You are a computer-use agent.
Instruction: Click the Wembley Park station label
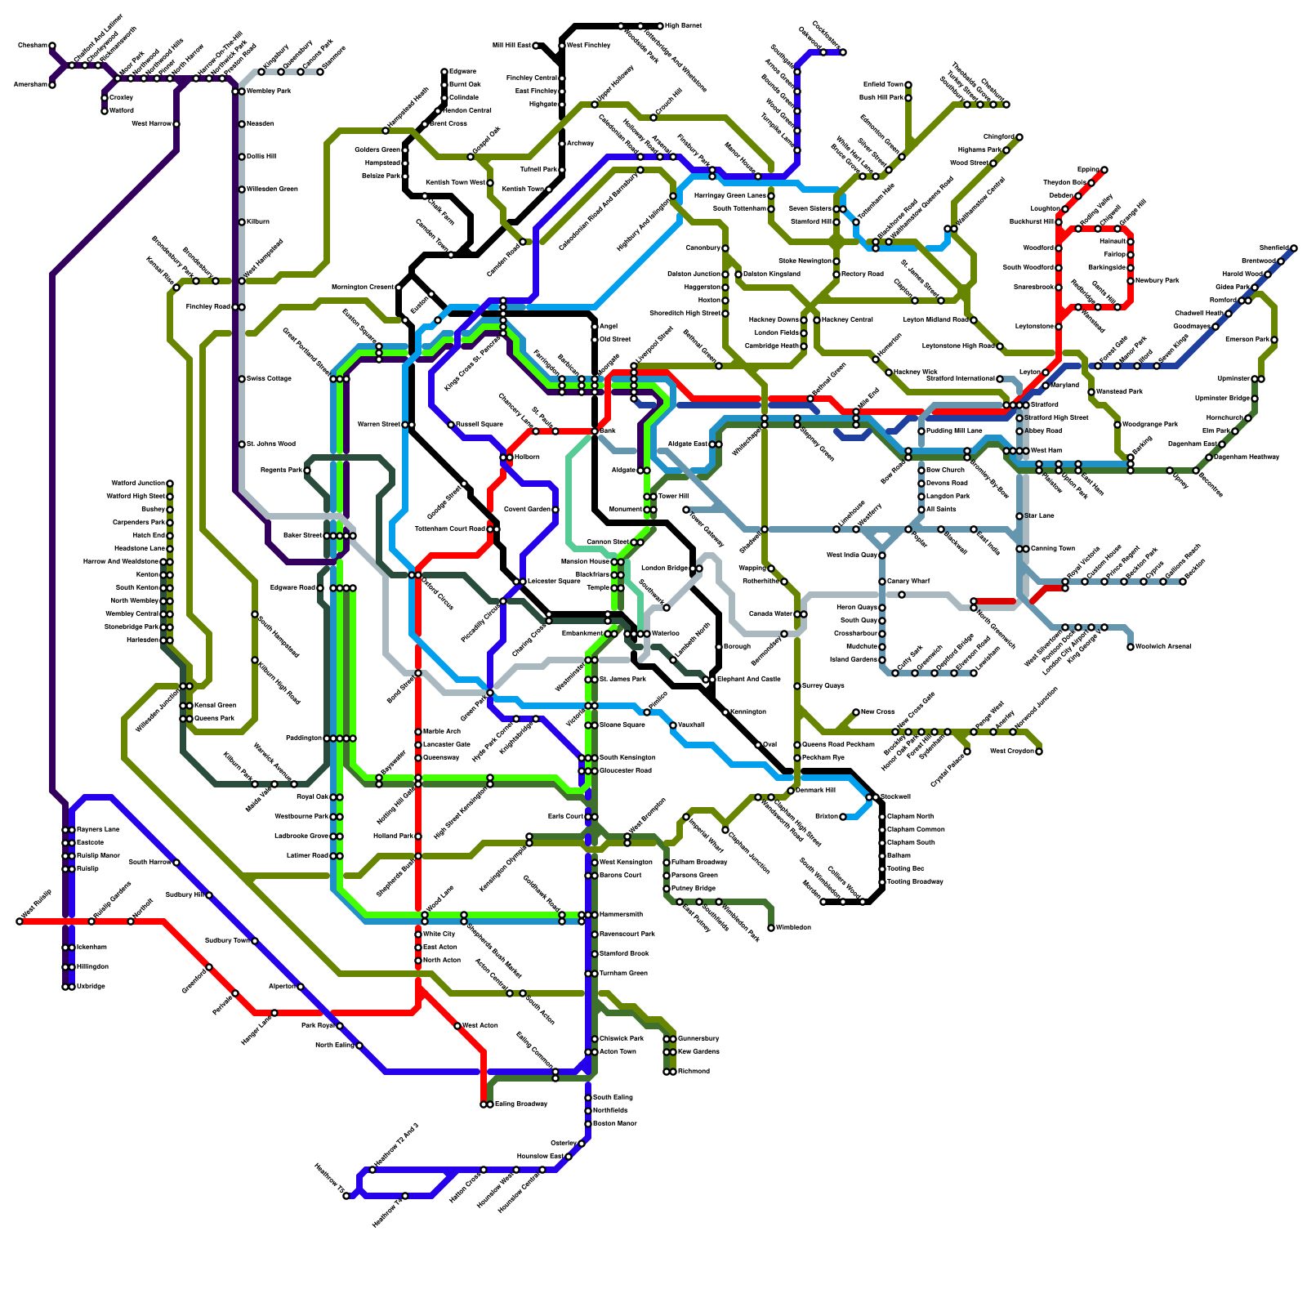269,91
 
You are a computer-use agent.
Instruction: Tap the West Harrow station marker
176,124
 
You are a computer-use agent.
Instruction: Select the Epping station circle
1104,170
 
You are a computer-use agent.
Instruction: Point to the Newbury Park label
1158,281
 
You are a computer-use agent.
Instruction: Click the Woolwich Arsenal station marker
1131,647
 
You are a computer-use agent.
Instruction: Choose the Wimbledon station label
793,928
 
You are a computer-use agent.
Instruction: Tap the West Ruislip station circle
20,921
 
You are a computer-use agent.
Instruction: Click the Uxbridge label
91,987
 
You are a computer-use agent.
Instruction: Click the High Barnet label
683,26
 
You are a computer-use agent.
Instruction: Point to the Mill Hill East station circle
536,46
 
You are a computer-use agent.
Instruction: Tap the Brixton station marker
843,817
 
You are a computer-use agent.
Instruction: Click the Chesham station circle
52,46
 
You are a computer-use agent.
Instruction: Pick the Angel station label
609,327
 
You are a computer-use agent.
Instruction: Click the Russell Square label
480,425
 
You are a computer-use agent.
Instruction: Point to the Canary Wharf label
908,582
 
